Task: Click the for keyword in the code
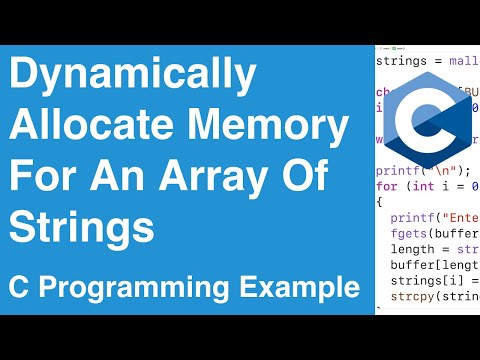[x=386, y=185]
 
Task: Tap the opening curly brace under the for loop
[x=379, y=201]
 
